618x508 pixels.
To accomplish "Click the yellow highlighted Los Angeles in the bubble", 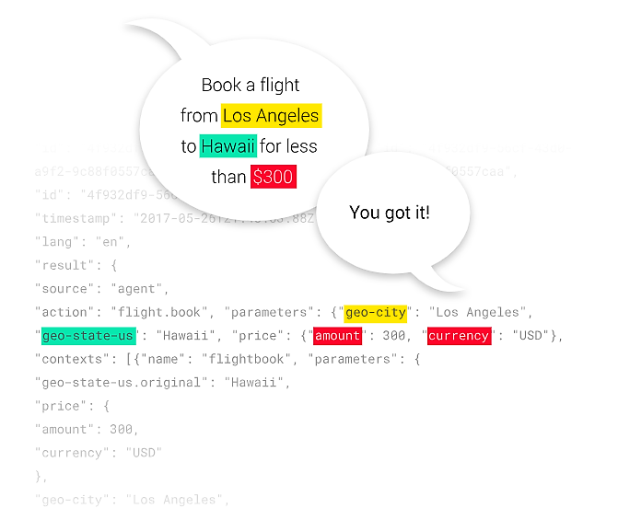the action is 271,116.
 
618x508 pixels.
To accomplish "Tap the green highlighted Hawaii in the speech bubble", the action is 228,146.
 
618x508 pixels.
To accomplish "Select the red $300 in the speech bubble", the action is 273,177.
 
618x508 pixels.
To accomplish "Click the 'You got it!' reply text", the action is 390,213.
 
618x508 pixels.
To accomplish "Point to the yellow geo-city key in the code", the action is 375,313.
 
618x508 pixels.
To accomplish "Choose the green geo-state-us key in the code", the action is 88,336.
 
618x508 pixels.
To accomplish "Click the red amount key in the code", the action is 337,336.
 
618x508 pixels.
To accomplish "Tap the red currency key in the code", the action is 458,336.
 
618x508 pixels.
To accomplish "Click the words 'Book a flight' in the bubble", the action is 251,86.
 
